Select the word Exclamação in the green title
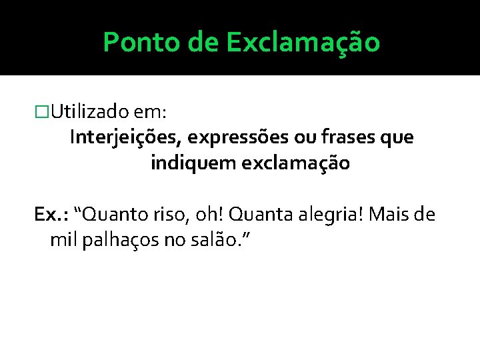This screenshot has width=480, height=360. coord(303,43)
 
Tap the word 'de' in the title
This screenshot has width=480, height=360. coord(203,43)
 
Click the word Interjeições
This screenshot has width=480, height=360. coord(126,138)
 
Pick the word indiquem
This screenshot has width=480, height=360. coord(189,163)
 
